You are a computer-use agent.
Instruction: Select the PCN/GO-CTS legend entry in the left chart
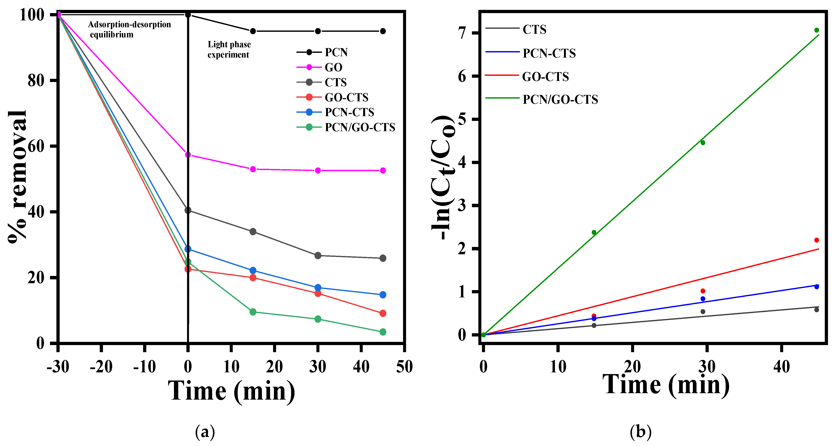point(359,127)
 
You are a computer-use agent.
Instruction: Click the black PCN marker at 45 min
point(383,31)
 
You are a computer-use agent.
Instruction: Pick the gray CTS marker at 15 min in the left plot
point(253,231)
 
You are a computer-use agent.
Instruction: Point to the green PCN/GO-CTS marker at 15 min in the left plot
point(253,312)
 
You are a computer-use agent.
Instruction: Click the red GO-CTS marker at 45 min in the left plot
point(383,313)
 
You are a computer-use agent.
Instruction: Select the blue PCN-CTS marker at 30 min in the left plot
point(318,288)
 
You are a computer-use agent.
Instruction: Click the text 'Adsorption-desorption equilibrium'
point(129,29)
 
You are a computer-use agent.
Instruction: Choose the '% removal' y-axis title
point(18,177)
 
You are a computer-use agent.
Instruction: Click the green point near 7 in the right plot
point(816,30)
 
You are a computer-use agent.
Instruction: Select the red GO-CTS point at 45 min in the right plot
point(816,240)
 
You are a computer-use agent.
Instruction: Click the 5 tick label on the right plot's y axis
point(462,119)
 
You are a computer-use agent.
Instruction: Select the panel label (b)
point(640,432)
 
